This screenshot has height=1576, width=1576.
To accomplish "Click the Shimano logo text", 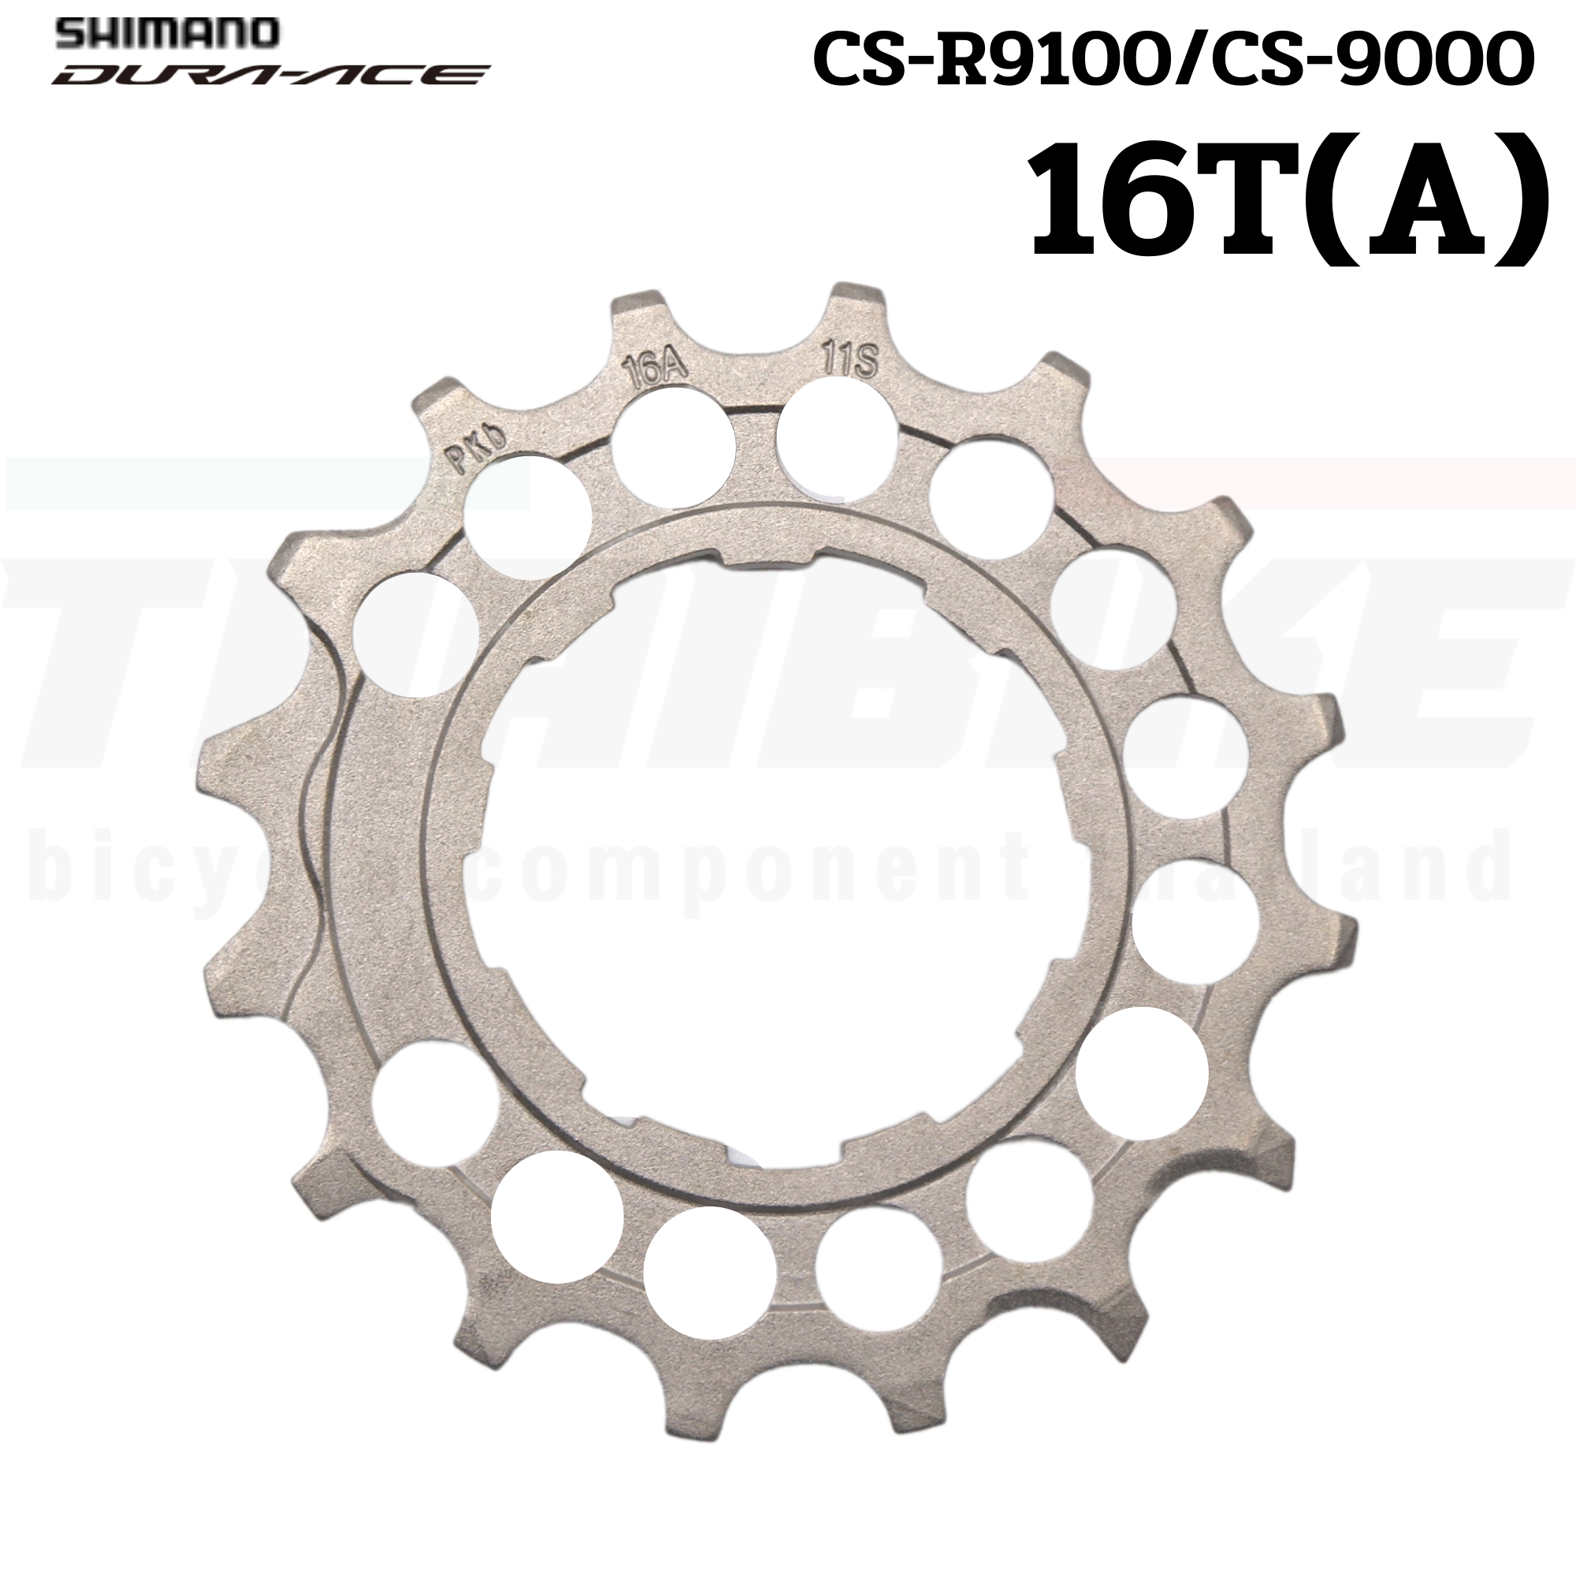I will click(168, 32).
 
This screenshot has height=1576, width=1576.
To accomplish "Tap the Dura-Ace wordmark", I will click(269, 75).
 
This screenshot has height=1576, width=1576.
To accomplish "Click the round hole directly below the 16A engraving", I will click(673, 445).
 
